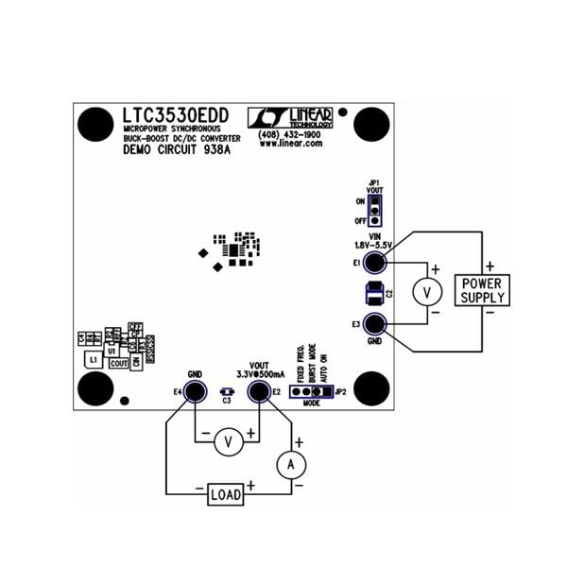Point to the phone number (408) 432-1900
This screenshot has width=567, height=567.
[x=289, y=135]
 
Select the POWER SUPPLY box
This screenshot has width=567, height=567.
[x=482, y=289]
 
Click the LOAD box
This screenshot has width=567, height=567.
[x=226, y=494]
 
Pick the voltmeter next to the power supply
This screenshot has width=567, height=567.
[x=427, y=293]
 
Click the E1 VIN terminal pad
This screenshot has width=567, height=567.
[x=376, y=263]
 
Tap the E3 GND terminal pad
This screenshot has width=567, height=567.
[x=376, y=324]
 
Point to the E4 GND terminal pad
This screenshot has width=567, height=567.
[x=196, y=391]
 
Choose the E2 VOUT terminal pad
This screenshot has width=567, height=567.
[x=256, y=391]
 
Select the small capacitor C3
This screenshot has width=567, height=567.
[x=226, y=390]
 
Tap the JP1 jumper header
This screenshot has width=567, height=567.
[x=376, y=208]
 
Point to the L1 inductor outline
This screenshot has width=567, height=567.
[x=92, y=360]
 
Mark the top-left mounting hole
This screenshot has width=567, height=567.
[x=92, y=124]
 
